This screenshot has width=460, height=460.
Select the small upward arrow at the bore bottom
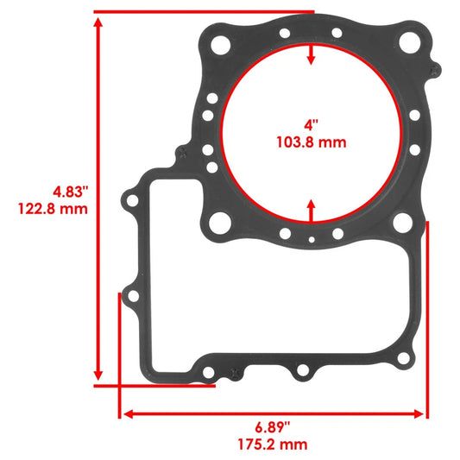[x=311, y=207]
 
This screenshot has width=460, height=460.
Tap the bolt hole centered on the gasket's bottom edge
[x=301, y=373]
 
